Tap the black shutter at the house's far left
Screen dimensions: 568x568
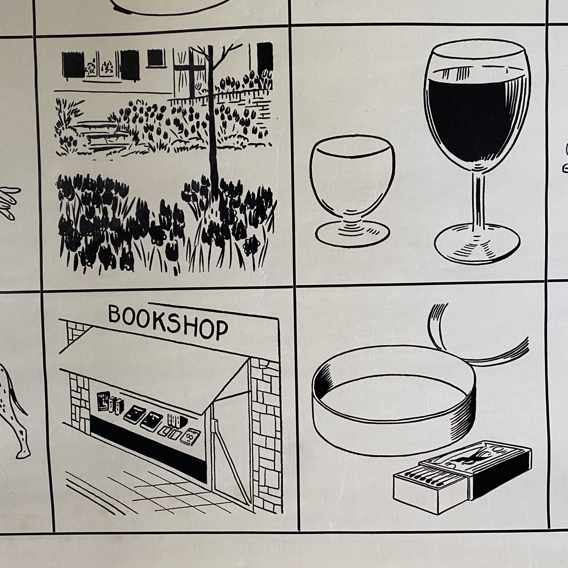coord(73,65)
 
